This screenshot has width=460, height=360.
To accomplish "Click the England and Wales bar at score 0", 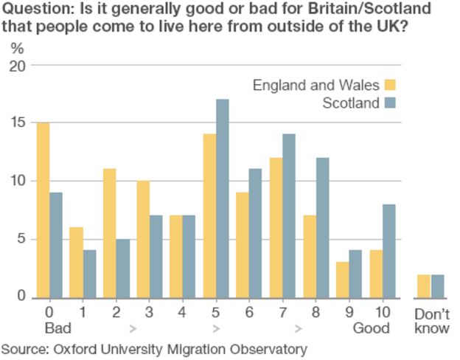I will [x=43, y=210].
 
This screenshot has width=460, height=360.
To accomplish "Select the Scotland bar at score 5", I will [x=223, y=198].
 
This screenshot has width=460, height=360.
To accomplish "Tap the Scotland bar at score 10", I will [x=389, y=251].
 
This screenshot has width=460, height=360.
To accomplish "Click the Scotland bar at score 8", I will [x=323, y=228].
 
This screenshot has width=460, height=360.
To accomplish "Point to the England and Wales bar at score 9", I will [x=343, y=280].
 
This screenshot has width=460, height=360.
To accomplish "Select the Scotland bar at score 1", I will [x=90, y=274].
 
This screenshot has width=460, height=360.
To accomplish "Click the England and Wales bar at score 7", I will [x=276, y=228].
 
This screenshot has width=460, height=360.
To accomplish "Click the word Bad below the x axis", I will [x=57, y=327].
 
